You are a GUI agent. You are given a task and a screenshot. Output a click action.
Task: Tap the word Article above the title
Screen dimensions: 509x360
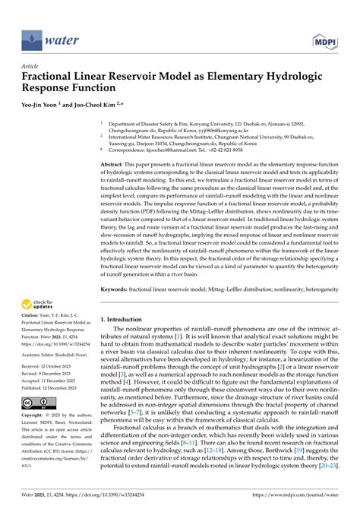[30, 66]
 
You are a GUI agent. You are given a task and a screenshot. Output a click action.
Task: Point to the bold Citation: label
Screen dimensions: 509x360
[31, 321]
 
